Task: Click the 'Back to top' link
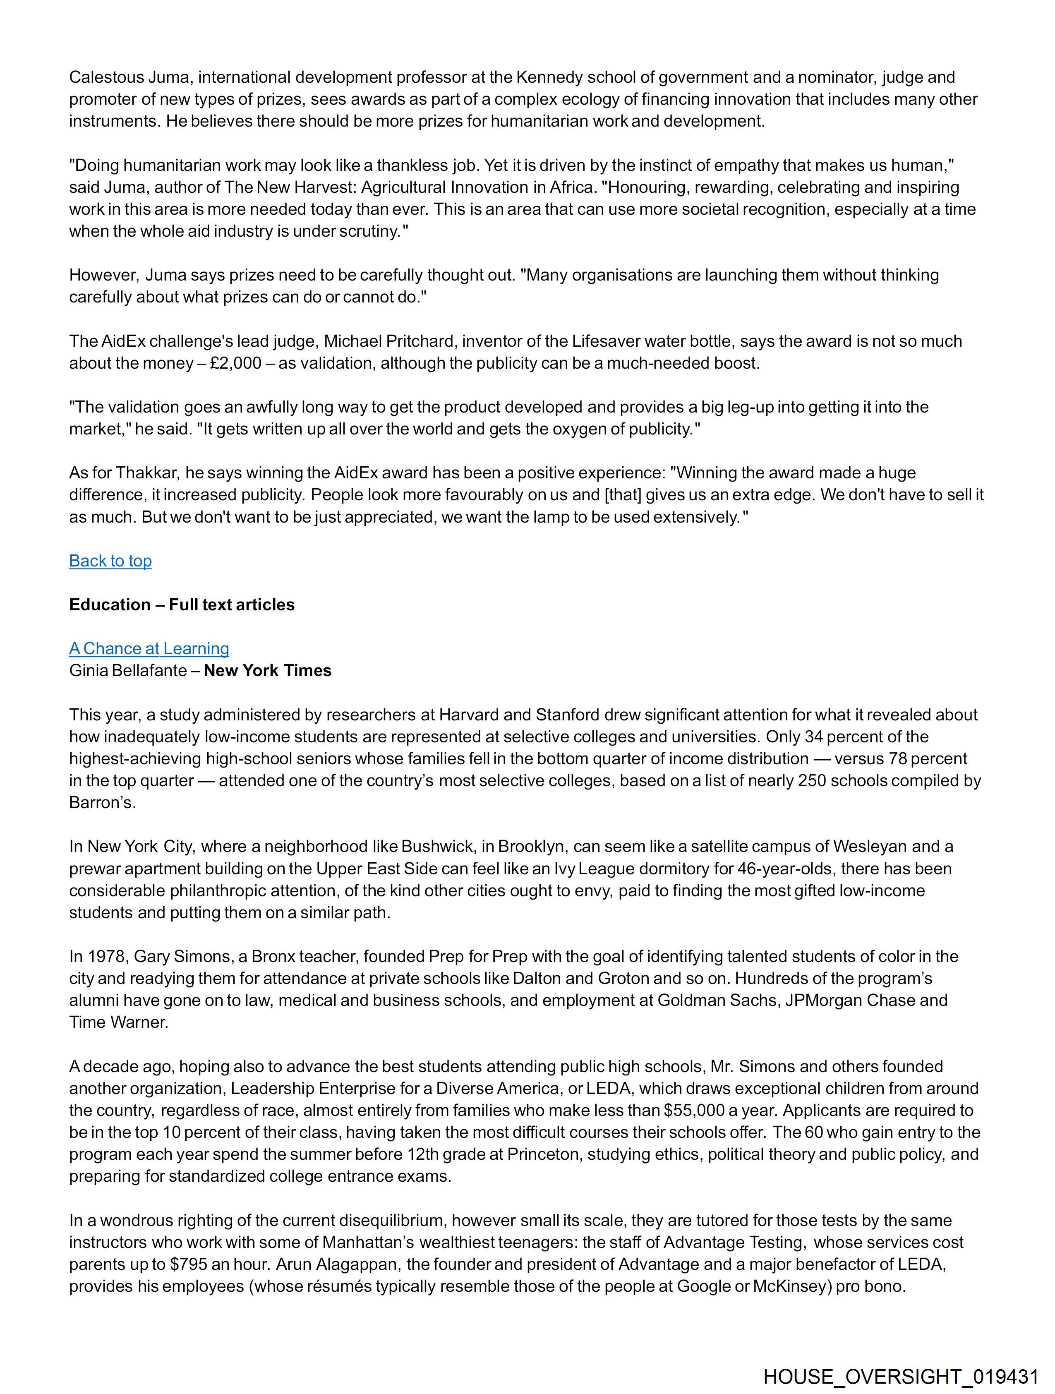click(110, 561)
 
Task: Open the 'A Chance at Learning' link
click(149, 648)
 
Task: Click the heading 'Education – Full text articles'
click(182, 605)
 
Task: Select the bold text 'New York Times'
click(267, 671)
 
